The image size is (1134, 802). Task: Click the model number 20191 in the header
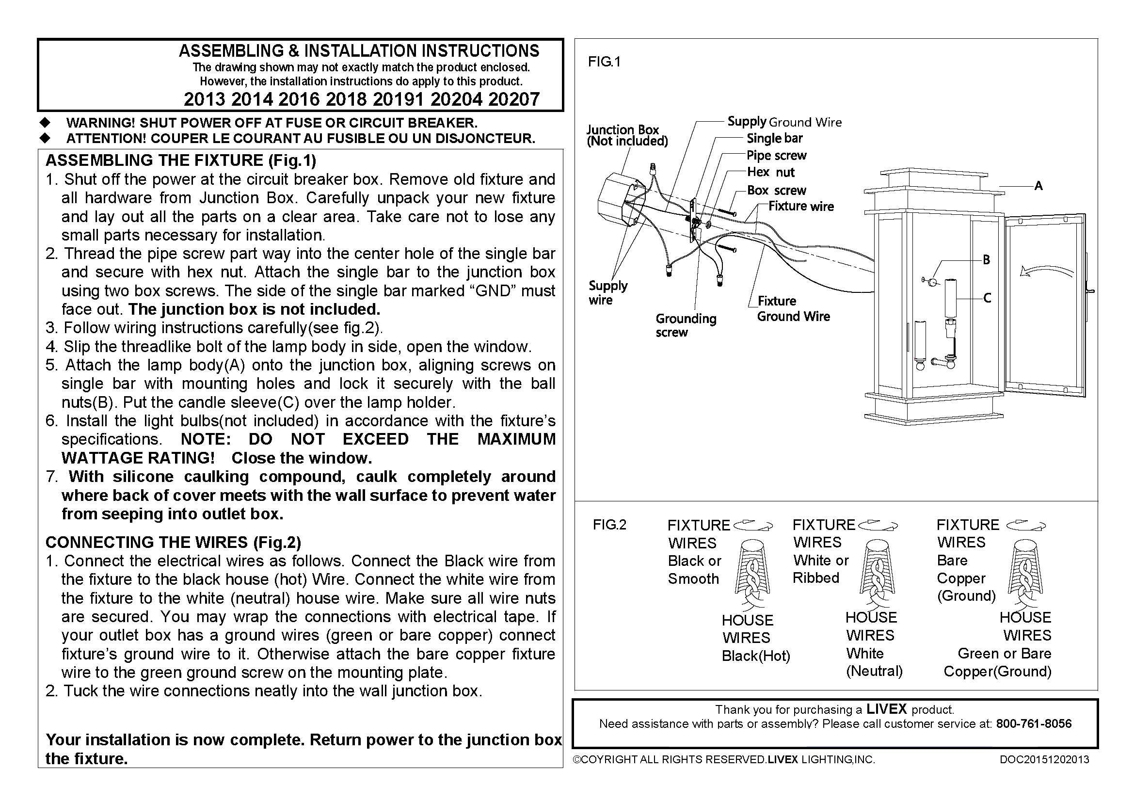click(399, 99)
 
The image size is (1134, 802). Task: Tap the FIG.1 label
click(604, 62)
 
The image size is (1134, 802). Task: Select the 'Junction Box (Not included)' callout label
click(626, 135)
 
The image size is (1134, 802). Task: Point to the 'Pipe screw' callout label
click(776, 156)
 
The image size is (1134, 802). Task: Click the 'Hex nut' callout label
click(770, 172)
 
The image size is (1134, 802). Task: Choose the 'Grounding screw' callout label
click(686, 325)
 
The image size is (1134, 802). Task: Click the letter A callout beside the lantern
click(1038, 186)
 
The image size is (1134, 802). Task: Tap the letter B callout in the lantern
click(986, 260)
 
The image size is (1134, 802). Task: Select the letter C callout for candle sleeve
click(987, 298)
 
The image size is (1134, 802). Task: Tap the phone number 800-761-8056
click(1034, 724)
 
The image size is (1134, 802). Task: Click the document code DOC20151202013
click(1044, 759)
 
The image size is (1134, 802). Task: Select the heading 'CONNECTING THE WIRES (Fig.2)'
click(174, 542)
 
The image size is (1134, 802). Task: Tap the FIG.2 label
click(609, 525)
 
